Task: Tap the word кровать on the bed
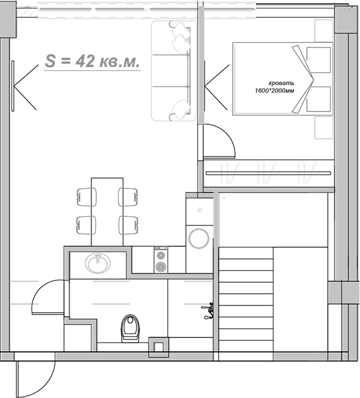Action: click(x=282, y=83)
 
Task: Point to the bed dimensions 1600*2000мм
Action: click(x=281, y=91)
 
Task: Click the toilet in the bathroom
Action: click(x=130, y=328)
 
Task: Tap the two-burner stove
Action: click(x=160, y=260)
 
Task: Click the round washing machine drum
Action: click(x=199, y=238)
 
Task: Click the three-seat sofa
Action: click(x=170, y=70)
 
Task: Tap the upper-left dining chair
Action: click(x=86, y=197)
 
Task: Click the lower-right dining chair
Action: click(x=127, y=225)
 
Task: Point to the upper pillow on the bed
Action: click(x=318, y=58)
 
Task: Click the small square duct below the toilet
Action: click(x=160, y=346)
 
